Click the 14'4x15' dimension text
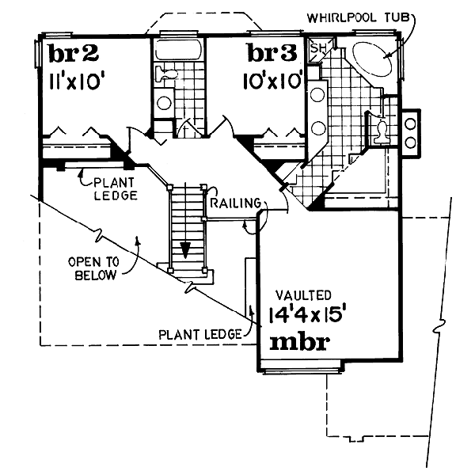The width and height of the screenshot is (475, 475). [x=308, y=314]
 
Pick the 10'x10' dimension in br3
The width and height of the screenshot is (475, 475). [x=272, y=81]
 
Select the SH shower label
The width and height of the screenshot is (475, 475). [x=318, y=48]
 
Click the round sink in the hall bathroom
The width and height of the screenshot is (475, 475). [x=165, y=102]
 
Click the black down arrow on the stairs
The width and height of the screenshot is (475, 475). [x=184, y=249]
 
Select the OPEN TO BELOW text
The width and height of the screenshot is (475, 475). [x=92, y=269]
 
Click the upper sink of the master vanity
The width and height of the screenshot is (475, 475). [x=317, y=95]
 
